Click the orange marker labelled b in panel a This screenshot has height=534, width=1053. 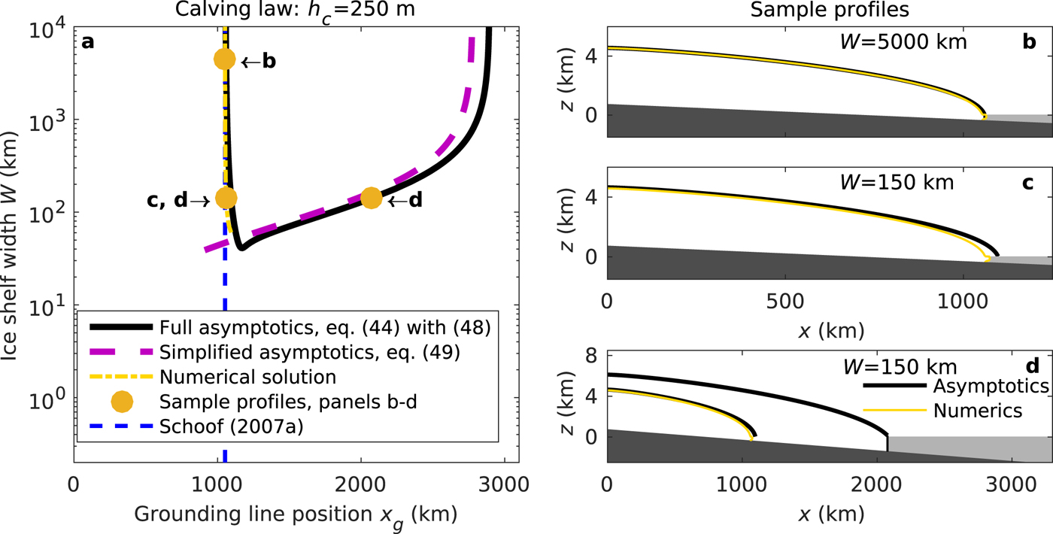pyautogui.click(x=225, y=59)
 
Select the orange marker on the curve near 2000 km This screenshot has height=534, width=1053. pyautogui.click(x=371, y=198)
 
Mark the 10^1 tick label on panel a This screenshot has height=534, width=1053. pyautogui.click(x=50, y=307)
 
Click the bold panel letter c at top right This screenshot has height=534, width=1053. pyautogui.click(x=1028, y=183)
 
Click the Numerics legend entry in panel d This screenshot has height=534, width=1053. pyautogui.click(x=978, y=411)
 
